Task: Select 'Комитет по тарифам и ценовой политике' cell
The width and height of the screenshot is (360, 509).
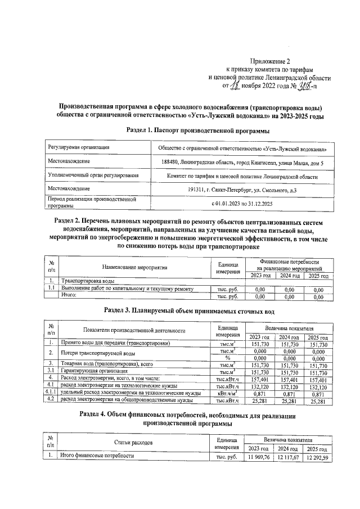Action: [x=242, y=176]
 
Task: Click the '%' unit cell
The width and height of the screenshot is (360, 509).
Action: [x=228, y=358]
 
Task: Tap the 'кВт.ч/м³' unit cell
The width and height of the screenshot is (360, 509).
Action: [x=228, y=393]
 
